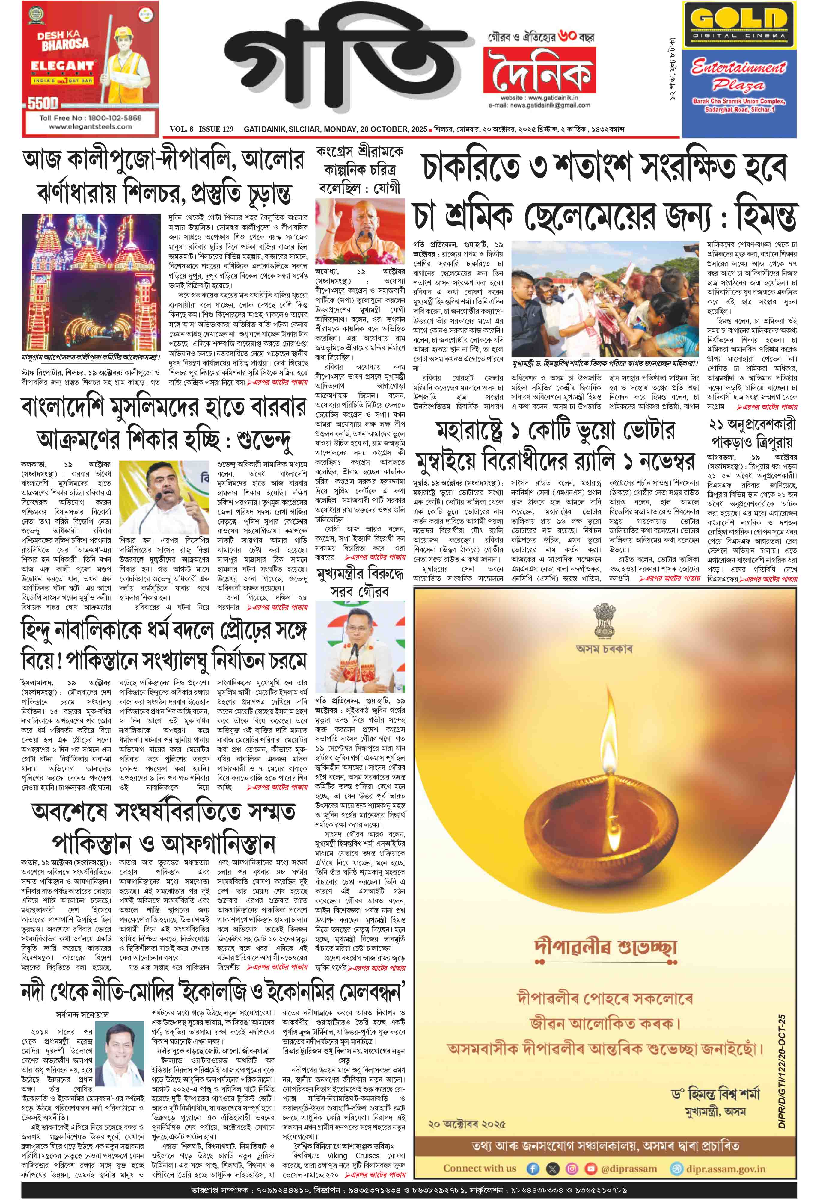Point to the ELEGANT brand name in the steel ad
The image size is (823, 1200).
62,67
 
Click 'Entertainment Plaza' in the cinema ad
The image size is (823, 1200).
738,75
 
